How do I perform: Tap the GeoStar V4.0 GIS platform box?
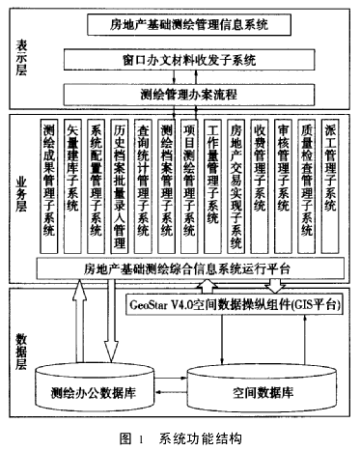[235, 303]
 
